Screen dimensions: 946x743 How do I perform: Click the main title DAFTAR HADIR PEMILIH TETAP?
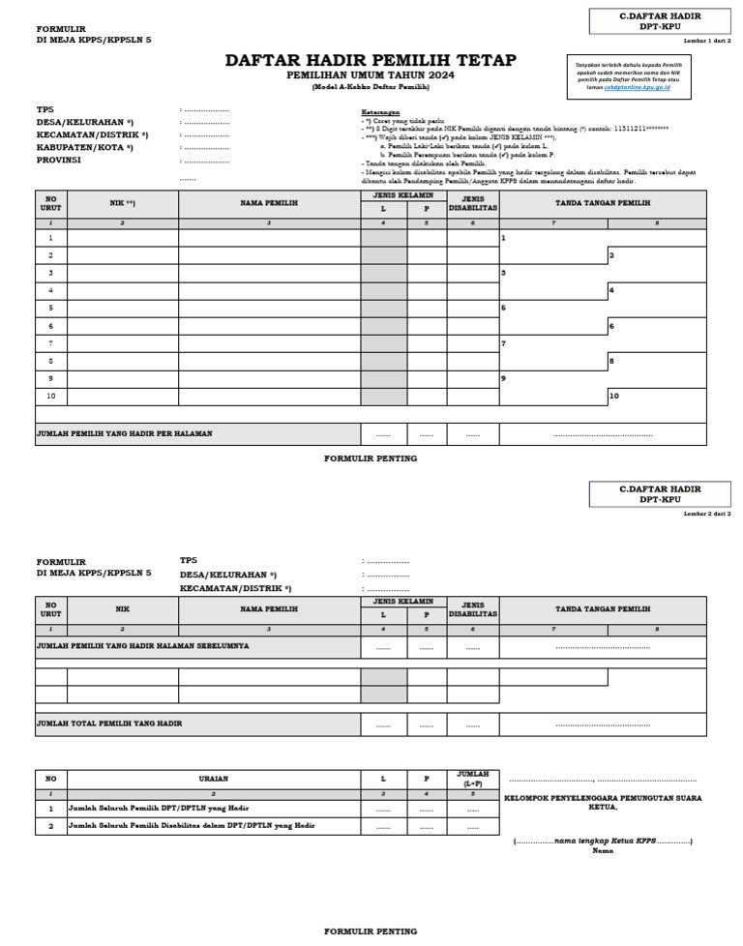pyautogui.click(x=371, y=61)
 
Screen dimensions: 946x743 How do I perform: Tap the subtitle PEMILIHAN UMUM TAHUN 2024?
pyautogui.click(x=371, y=75)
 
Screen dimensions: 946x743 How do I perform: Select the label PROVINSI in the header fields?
pyautogui.click(x=59, y=160)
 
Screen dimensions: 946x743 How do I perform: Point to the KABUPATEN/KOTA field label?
pyautogui.click(x=84, y=147)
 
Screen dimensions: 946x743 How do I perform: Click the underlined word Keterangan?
pyautogui.click(x=380, y=110)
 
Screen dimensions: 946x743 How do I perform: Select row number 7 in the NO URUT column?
pyautogui.click(x=50, y=343)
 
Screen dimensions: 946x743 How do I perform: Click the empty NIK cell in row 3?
pyautogui.click(x=122, y=273)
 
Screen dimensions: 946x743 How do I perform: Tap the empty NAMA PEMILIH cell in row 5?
pyautogui.click(x=269, y=308)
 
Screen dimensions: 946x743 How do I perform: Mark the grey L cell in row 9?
pyautogui.click(x=383, y=378)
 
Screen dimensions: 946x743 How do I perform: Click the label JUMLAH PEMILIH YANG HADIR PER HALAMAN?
pyautogui.click(x=125, y=434)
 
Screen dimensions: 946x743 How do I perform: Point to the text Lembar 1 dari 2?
pyautogui.click(x=706, y=40)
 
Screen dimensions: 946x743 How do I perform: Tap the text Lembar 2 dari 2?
pyautogui.click(x=706, y=514)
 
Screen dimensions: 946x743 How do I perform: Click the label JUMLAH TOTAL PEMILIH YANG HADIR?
pyautogui.click(x=109, y=724)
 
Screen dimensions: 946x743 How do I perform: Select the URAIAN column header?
pyautogui.click(x=213, y=778)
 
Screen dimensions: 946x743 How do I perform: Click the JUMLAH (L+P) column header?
pyautogui.click(x=472, y=778)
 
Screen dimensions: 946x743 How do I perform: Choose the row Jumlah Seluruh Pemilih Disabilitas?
pyautogui.click(x=192, y=826)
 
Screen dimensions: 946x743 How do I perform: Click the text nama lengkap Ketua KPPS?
pyautogui.click(x=604, y=841)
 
